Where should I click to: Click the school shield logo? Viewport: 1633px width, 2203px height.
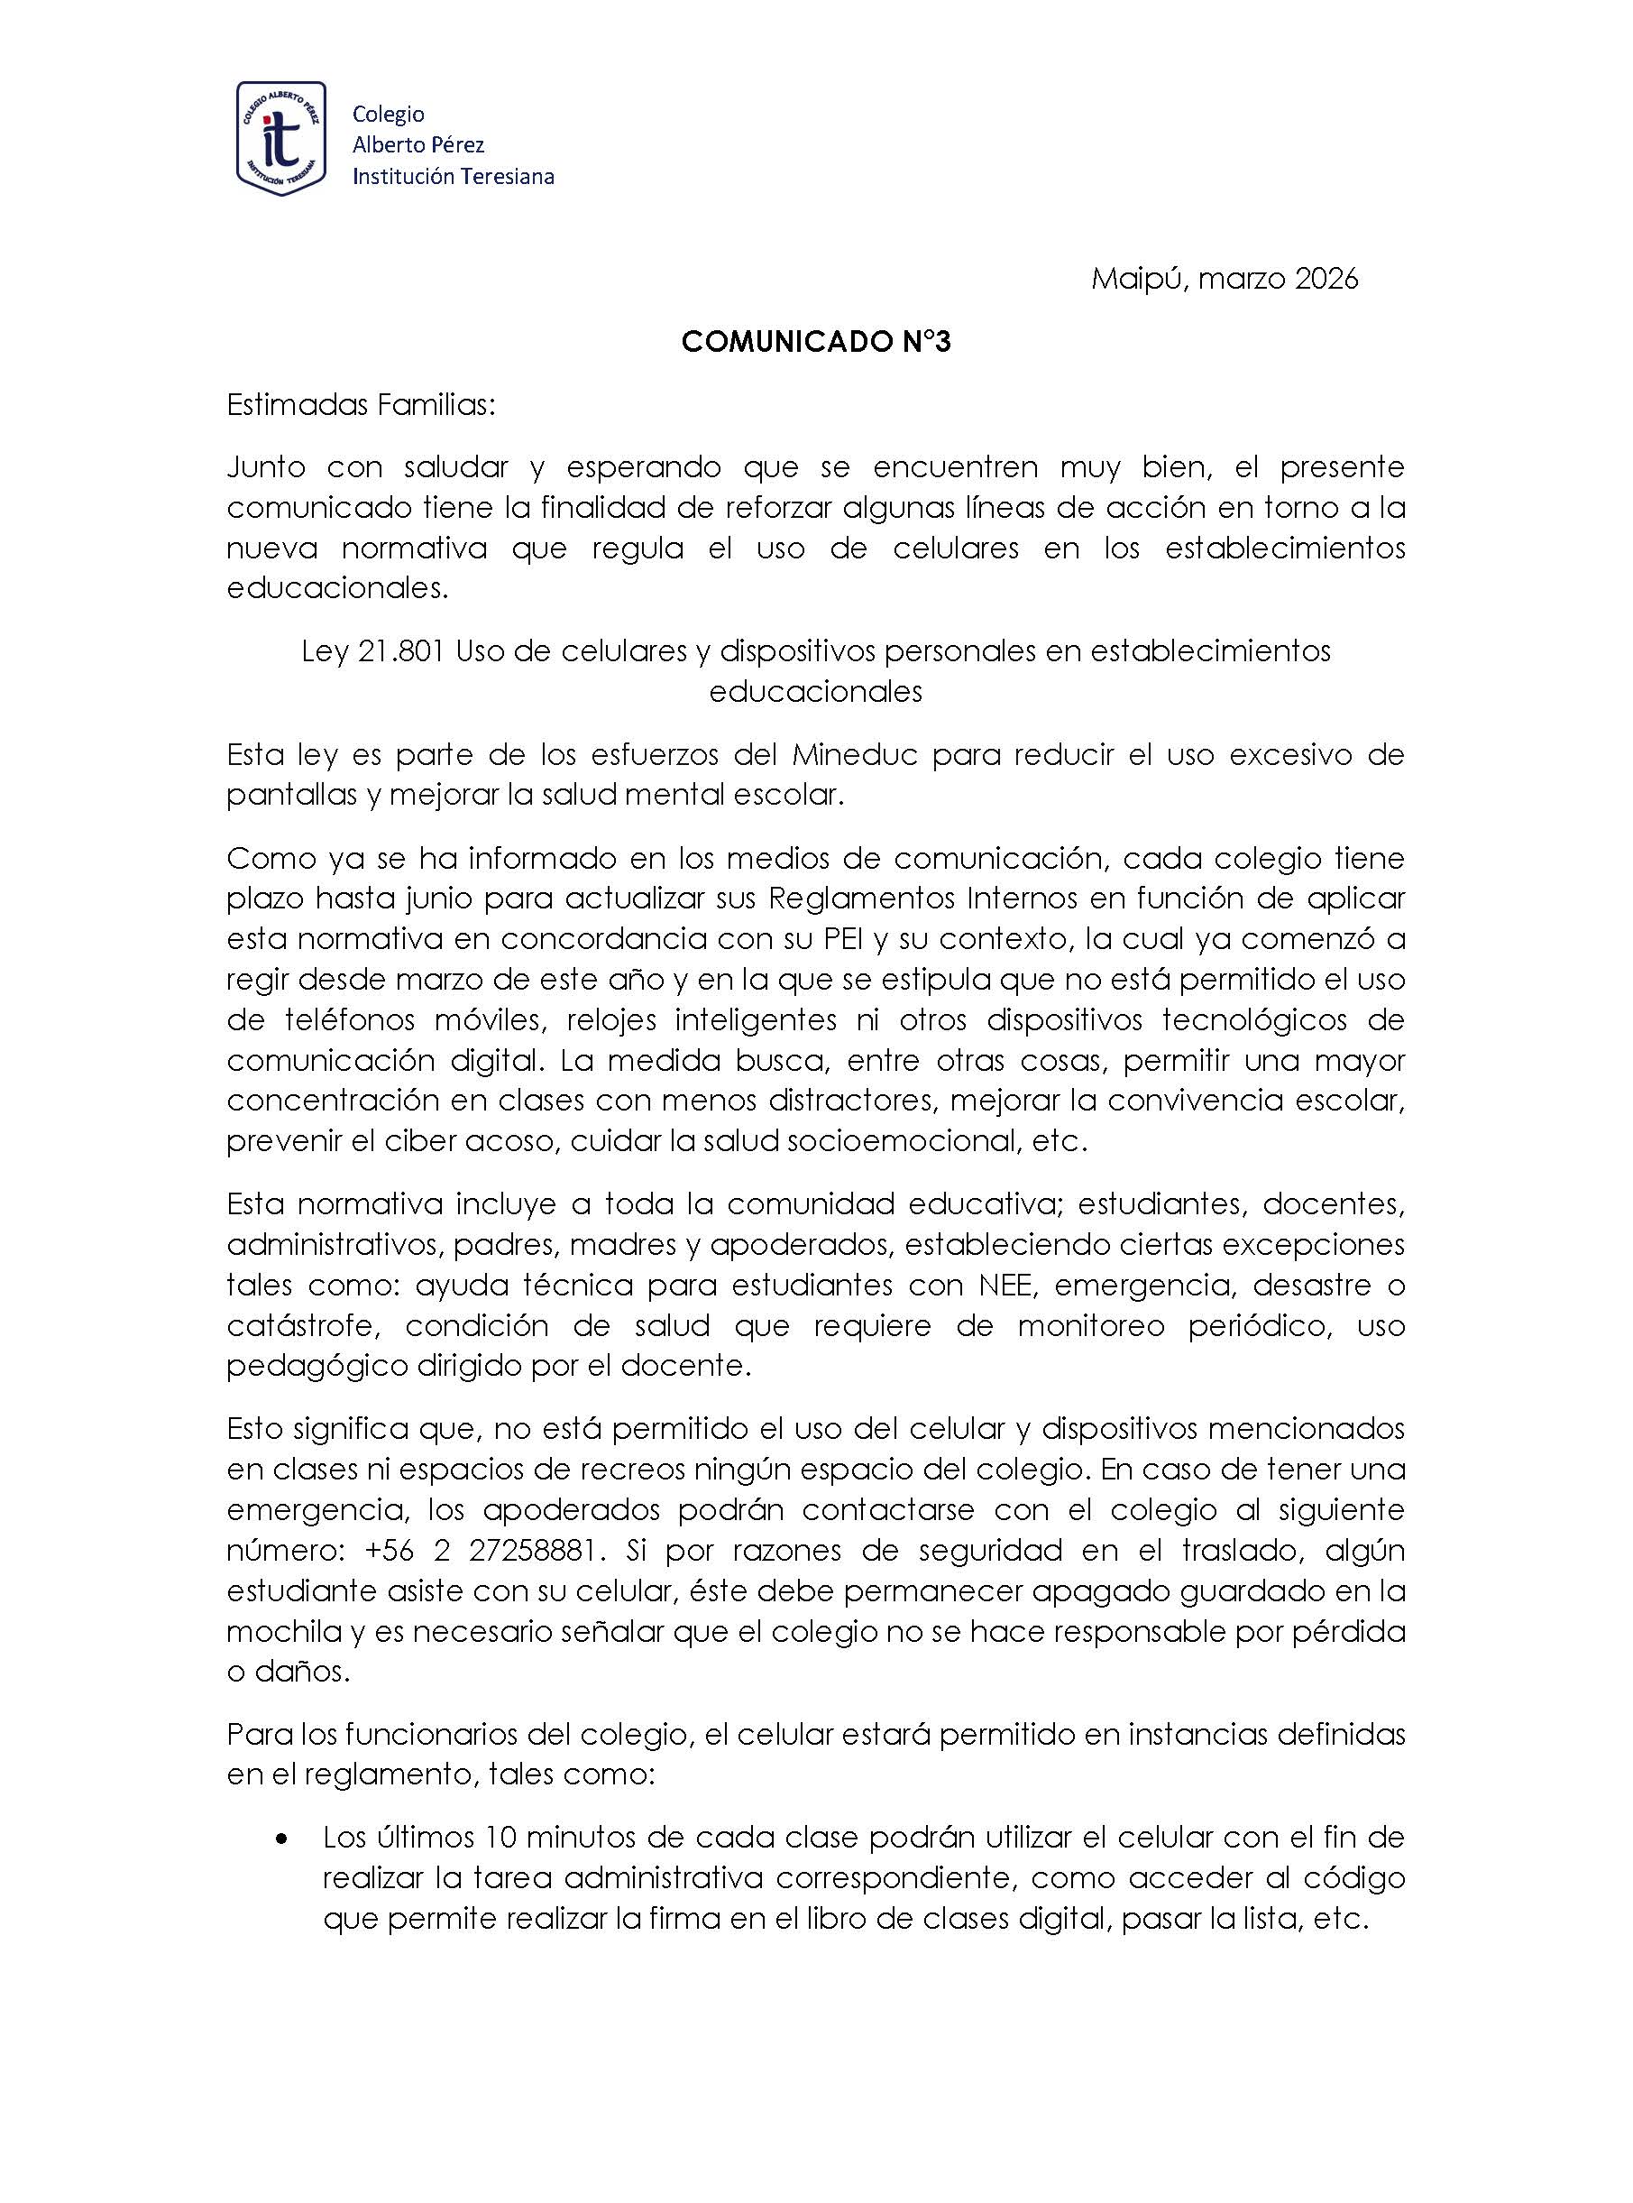click(x=280, y=138)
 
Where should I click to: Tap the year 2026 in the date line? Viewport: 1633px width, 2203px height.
click(x=1326, y=280)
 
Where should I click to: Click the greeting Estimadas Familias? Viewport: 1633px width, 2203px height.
click(x=361, y=405)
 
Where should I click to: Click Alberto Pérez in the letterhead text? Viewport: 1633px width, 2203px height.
click(x=418, y=145)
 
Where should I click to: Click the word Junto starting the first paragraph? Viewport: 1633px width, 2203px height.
click(x=266, y=466)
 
